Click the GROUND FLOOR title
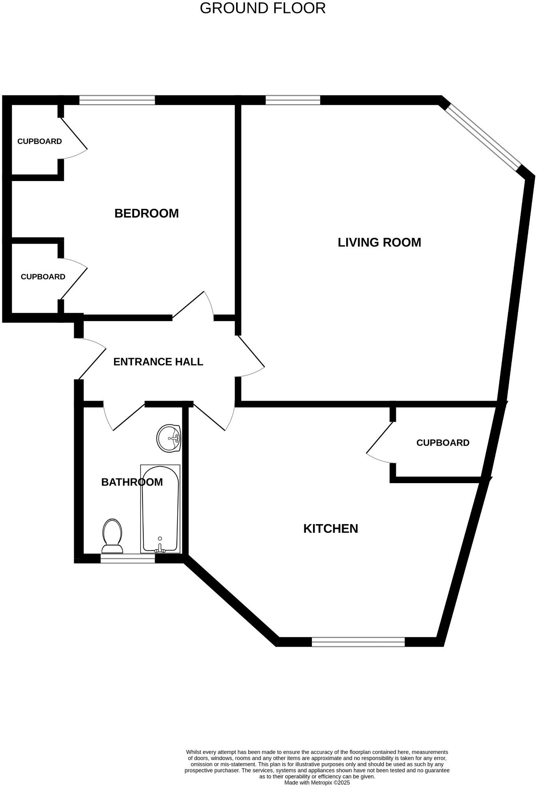tap(262, 8)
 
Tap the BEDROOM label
tap(146, 213)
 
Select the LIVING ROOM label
tap(379, 242)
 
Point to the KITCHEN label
tap(330, 528)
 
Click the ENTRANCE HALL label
tap(158, 362)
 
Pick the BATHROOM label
tap(132, 482)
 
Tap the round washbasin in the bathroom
tap(169, 438)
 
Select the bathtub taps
tap(160, 546)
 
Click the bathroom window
tap(127, 558)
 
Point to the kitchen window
tap(358, 642)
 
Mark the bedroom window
tap(117, 100)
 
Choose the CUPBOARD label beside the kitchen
tap(442, 443)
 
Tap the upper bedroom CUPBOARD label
tap(39, 141)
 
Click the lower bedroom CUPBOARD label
tap(43, 277)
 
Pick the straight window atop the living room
tap(292, 100)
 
